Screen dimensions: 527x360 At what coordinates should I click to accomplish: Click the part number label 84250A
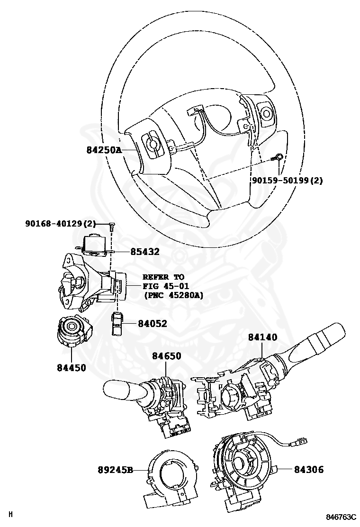[104, 150]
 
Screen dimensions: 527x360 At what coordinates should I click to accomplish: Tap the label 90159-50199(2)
[287, 181]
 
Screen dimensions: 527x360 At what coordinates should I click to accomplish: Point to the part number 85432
[145, 252]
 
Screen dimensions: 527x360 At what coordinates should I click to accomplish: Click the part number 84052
[153, 323]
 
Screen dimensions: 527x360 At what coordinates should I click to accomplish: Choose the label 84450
[72, 367]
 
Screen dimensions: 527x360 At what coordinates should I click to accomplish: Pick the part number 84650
[166, 356]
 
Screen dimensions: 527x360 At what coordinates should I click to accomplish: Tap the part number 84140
[263, 337]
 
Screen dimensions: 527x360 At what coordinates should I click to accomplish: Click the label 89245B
[115, 471]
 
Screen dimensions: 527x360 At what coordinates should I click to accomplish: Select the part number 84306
[309, 470]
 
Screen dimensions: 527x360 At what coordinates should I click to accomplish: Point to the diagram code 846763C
[340, 517]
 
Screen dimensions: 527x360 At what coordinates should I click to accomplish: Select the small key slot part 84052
[117, 323]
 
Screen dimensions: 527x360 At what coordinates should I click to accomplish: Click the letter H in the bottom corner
[10, 514]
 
